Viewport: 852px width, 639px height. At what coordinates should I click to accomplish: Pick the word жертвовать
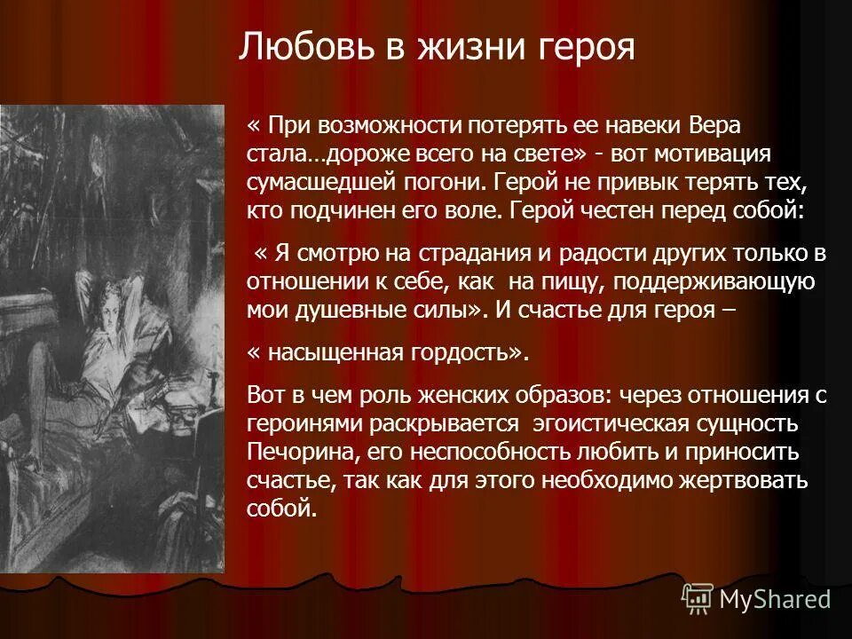point(745,482)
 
